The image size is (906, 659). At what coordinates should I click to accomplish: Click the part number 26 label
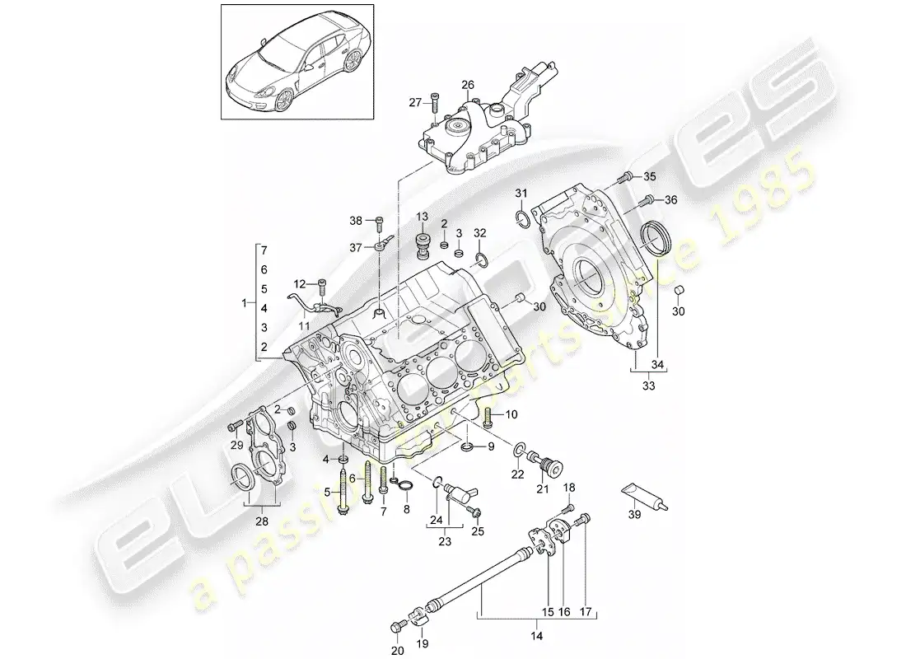point(467,85)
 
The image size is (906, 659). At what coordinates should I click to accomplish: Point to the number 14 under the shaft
point(535,635)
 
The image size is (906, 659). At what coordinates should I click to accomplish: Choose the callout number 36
point(671,199)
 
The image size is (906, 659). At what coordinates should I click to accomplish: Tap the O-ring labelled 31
point(521,217)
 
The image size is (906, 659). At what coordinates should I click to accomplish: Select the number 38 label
point(355,220)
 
